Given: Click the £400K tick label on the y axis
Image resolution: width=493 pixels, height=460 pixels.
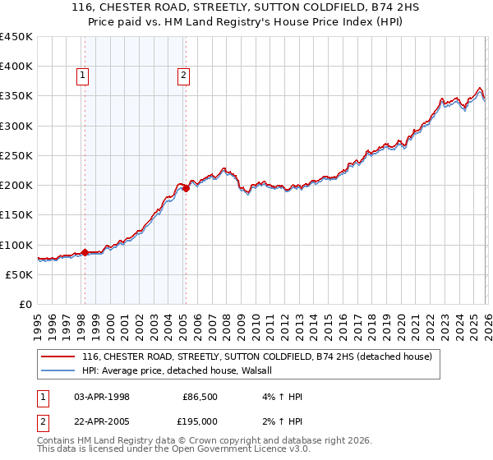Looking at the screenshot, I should [16, 67].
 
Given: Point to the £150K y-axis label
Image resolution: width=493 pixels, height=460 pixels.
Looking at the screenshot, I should [16, 215].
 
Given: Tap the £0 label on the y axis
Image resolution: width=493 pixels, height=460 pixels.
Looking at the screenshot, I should [25, 305].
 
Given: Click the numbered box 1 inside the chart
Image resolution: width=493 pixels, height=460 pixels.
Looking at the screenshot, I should [84, 76].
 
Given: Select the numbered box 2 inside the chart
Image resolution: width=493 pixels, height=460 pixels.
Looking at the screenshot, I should [183, 76].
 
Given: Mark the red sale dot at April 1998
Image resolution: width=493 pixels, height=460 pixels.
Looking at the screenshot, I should [85, 252].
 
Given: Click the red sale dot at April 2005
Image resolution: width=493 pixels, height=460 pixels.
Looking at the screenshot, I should [187, 188].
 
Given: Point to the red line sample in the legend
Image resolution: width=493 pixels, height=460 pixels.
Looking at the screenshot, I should [58, 357].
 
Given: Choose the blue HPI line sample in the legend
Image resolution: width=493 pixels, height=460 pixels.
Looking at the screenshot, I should [58, 370].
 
